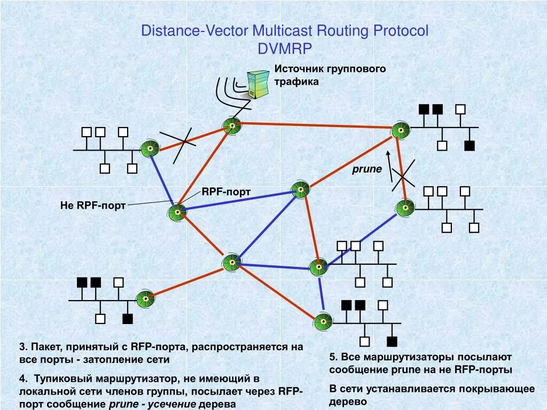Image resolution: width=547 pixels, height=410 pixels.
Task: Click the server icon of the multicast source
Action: click(258, 84)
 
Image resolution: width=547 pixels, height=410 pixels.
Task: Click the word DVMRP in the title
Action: click(284, 49)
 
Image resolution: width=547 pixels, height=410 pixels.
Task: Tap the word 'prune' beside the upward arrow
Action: click(367, 169)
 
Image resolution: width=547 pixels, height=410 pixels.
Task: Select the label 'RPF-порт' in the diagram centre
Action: click(226, 192)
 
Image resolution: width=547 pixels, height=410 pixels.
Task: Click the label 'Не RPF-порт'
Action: click(93, 206)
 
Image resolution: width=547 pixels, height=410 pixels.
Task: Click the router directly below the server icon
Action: click(232, 126)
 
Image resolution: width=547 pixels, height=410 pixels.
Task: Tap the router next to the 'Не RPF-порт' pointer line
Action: click(176, 213)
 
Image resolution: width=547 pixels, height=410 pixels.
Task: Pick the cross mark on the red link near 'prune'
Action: click(403, 174)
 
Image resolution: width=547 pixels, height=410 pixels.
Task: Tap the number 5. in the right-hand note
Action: click(333, 357)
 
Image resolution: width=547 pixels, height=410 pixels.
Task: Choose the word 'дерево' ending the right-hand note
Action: click(348, 401)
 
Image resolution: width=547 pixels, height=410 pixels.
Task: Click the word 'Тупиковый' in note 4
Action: click(65, 379)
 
